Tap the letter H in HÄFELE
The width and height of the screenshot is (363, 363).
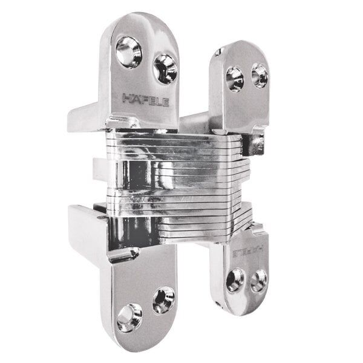[x=127, y=96]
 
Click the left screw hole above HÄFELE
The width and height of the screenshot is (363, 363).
[x=128, y=51]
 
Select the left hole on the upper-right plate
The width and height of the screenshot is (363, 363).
[x=234, y=78]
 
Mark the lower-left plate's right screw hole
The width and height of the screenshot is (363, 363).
[x=163, y=299]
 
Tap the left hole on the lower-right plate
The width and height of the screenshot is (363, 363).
[x=234, y=280]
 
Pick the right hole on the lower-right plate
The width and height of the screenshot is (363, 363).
[x=258, y=279]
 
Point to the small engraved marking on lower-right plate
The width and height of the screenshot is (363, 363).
[x=248, y=246]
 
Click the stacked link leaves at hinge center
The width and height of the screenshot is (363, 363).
[x=181, y=181]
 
